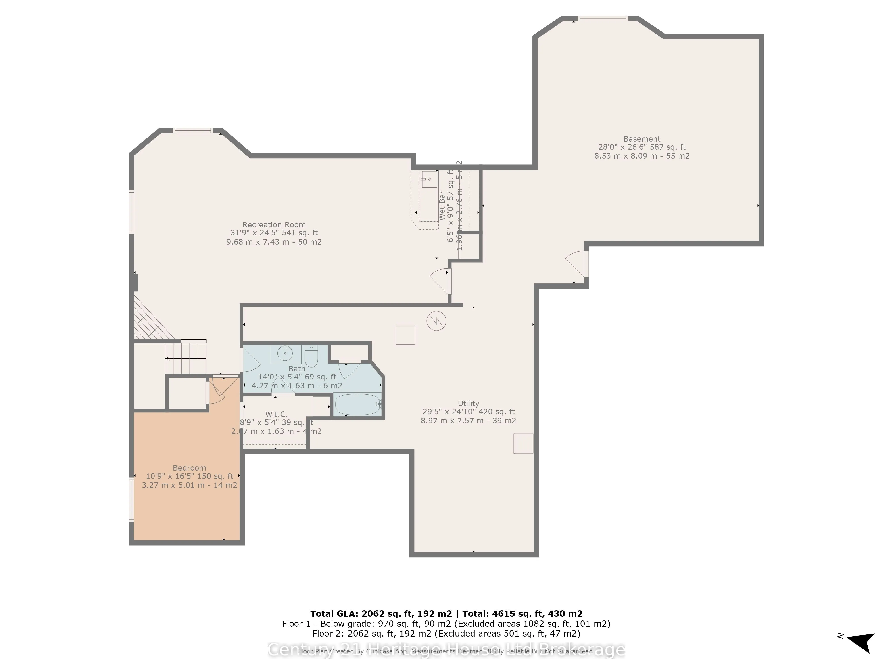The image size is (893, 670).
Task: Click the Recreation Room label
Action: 274,224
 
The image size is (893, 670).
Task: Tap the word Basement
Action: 641,139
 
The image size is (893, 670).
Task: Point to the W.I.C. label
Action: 276,414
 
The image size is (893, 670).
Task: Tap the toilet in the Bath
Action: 311,355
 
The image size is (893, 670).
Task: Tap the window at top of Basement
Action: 602,18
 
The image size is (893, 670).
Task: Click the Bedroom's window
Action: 131,500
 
